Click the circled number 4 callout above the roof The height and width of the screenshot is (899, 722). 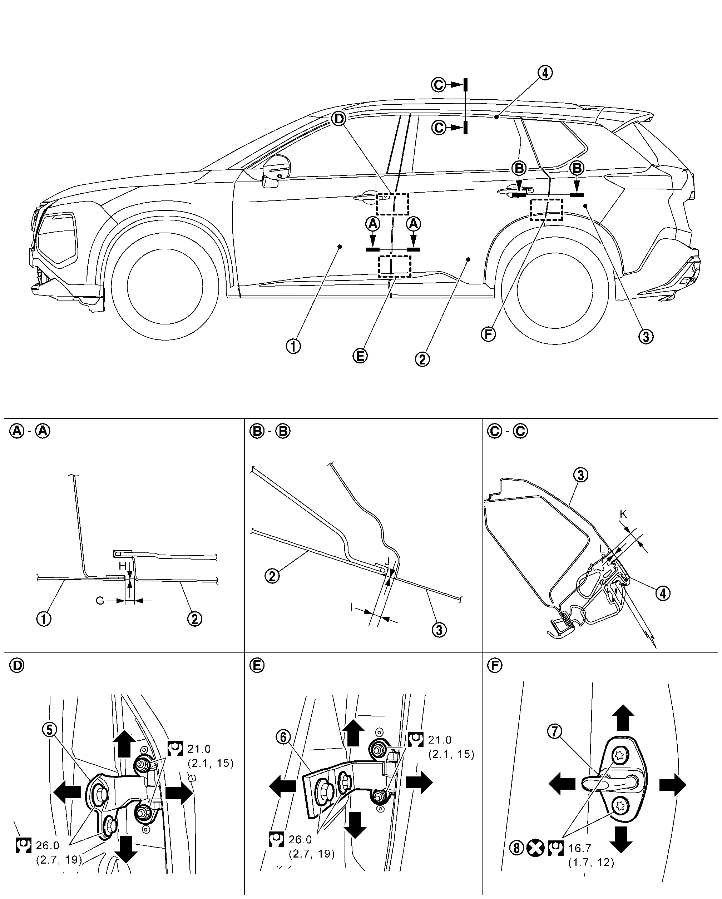[x=545, y=73]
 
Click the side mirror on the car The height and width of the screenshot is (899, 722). [x=276, y=170]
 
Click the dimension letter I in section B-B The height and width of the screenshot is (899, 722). [x=352, y=607]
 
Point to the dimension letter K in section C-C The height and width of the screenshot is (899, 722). [x=623, y=514]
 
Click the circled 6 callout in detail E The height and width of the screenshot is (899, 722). [x=283, y=737]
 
